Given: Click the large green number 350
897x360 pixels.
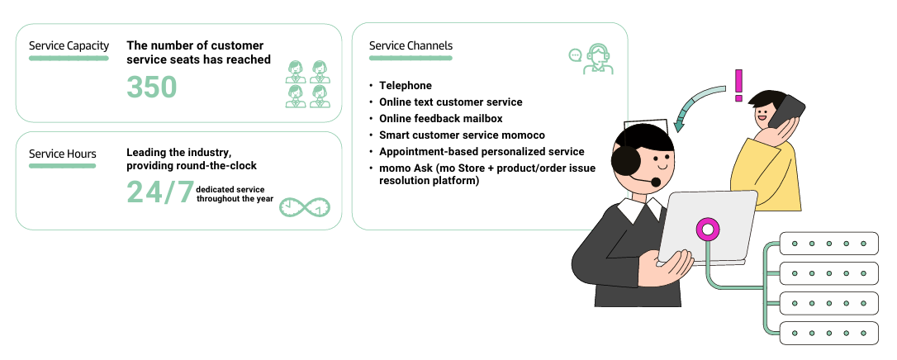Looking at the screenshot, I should point(152,87).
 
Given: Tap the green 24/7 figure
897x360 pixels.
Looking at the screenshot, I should point(160,192).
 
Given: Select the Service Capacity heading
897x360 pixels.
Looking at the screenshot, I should point(69,46).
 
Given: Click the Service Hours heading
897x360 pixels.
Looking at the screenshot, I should point(63,154).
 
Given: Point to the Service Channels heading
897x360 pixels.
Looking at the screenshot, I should point(411,46).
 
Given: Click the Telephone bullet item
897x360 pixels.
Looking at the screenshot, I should point(405,86).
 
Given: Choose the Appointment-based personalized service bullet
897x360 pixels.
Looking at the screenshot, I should point(482,151).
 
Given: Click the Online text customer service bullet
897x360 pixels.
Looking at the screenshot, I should point(450,102).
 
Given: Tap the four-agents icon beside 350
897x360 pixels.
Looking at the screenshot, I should point(306,84).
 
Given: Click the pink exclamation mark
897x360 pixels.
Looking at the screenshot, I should point(738,85).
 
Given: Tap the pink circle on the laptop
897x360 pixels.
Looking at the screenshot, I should point(706,229).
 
